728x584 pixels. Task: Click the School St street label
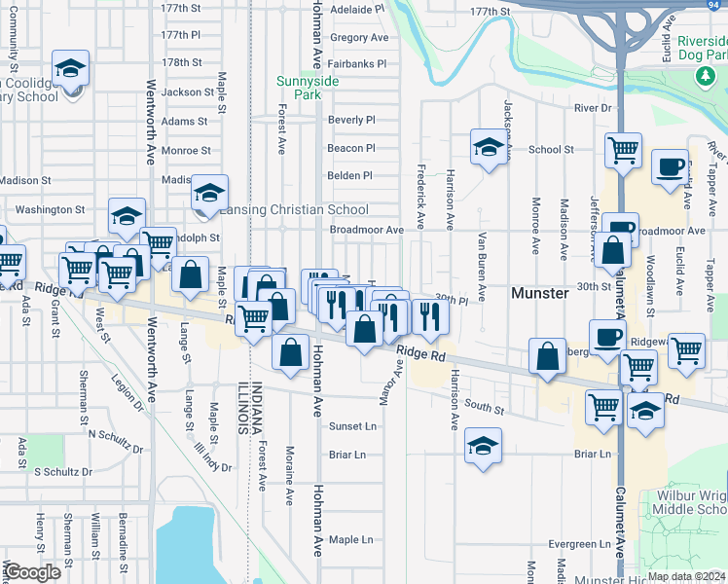pos(551,150)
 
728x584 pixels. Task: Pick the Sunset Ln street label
pos(351,426)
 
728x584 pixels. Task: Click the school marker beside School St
pos(489,147)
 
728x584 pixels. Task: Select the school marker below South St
pos(483,446)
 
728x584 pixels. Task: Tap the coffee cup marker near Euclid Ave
pos(669,165)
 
